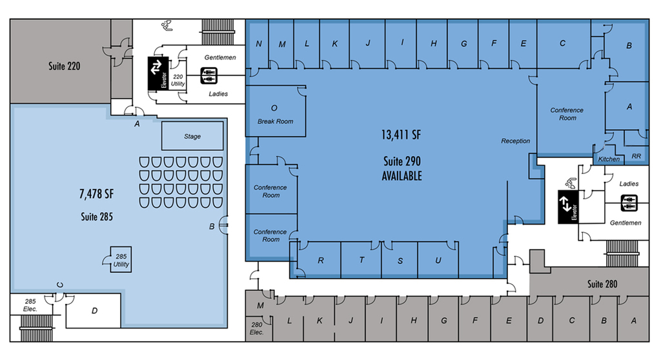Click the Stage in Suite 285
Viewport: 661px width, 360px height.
coord(192,135)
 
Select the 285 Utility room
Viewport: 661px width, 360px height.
coord(121,259)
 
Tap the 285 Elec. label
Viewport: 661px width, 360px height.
coord(30,305)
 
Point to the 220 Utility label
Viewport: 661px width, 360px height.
coord(178,80)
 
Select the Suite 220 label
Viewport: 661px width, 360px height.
coord(64,66)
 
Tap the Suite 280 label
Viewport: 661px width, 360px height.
coord(602,284)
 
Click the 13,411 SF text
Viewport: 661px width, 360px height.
coord(401,135)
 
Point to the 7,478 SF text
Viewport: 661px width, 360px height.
coord(97,194)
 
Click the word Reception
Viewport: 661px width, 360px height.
coord(516,141)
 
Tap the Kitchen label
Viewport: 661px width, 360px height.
coord(609,159)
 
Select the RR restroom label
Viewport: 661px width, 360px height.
coord(636,156)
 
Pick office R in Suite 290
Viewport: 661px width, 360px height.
coord(320,259)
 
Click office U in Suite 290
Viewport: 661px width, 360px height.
coord(438,259)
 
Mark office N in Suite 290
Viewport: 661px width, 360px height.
coord(258,44)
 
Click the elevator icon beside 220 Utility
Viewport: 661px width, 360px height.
coord(158,74)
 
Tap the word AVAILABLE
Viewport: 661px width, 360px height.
coord(402,175)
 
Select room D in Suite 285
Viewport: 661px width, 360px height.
coord(94,311)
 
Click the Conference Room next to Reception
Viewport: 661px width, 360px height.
coord(567,114)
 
